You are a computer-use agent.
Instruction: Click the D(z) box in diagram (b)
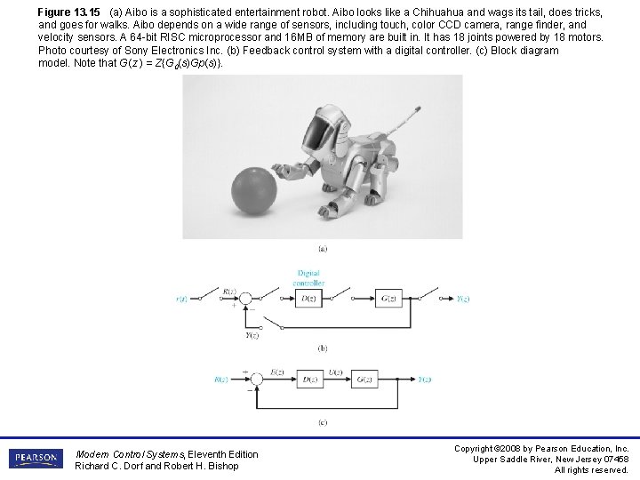pos(308,300)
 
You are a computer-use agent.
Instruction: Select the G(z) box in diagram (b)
pos(388,300)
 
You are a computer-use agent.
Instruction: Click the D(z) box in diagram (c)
pos(308,380)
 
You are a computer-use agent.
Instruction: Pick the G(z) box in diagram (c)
pos(364,380)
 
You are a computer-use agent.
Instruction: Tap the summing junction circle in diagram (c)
pos(256,380)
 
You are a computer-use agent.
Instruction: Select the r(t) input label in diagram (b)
pos(181,300)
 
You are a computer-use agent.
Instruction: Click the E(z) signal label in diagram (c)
pos(276,371)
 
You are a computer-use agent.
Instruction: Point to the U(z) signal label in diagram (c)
pos(336,371)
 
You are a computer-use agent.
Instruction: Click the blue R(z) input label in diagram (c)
pos(220,380)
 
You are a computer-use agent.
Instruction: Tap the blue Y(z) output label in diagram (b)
pos(462,300)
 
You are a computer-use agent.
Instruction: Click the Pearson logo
pos(36,458)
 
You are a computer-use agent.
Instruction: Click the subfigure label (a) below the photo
pos(322,248)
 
